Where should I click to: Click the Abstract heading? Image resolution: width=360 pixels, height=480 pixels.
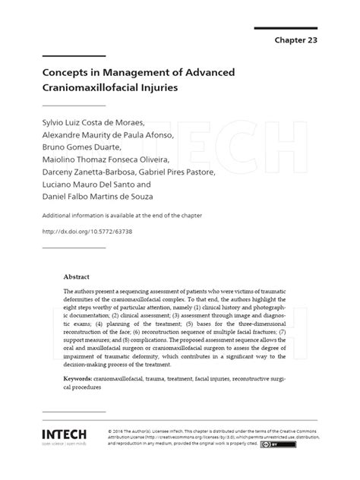pyautogui.click(x=77, y=278)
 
